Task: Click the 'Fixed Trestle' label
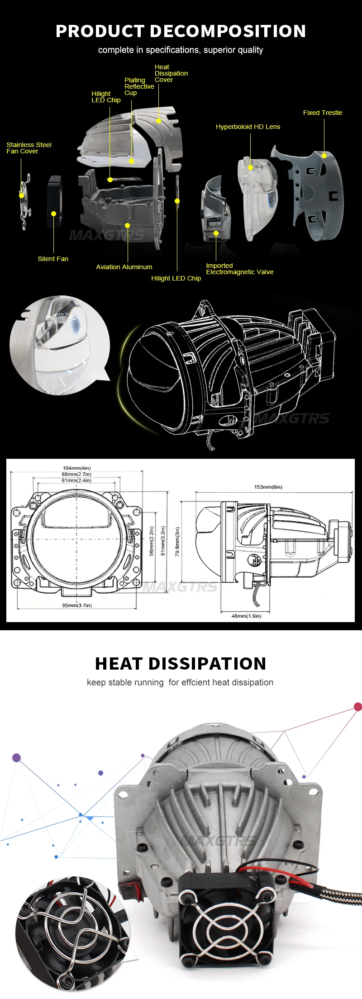(x=323, y=113)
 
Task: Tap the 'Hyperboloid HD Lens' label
(x=248, y=127)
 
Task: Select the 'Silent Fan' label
(x=53, y=259)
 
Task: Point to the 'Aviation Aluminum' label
(x=124, y=267)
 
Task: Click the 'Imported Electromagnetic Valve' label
(x=240, y=269)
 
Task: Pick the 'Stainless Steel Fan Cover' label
(x=29, y=148)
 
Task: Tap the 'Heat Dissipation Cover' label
(x=171, y=73)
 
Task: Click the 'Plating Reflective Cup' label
(x=139, y=86)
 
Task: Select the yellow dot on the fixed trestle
(x=324, y=156)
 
